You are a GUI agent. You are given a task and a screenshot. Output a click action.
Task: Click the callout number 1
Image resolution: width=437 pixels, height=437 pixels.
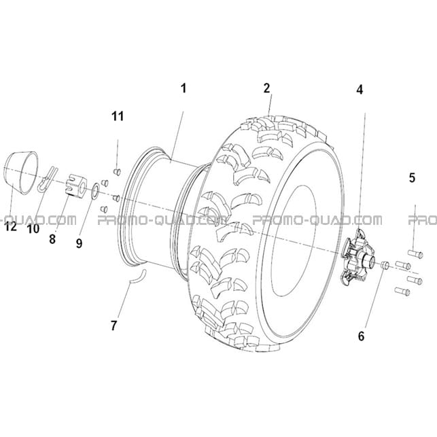183,88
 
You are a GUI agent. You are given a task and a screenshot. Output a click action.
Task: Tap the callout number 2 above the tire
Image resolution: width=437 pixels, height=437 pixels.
267,88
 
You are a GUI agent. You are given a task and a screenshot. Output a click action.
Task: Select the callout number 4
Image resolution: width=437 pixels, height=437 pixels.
360,90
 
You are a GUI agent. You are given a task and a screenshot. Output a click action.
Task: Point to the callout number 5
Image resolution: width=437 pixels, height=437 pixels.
413,177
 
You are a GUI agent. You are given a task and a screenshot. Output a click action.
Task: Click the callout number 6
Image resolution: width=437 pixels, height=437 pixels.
361,336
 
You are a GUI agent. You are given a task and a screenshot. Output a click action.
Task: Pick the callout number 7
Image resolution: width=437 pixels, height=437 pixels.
113,326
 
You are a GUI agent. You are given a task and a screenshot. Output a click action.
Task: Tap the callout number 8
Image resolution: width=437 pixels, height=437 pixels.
52,239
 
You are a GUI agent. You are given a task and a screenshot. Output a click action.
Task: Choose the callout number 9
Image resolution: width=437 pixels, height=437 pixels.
79,243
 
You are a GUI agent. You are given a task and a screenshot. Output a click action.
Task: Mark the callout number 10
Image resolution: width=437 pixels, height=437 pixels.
33,229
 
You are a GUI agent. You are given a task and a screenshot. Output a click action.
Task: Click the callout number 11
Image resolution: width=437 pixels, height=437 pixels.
118,116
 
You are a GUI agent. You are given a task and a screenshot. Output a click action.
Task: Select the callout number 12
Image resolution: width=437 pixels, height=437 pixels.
11,227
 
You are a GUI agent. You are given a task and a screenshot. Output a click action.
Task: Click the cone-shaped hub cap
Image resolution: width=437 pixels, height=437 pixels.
22,173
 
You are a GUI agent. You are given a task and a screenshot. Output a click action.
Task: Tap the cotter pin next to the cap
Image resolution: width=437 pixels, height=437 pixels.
48,179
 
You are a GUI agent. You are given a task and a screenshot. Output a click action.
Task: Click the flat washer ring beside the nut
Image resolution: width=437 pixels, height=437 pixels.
95,191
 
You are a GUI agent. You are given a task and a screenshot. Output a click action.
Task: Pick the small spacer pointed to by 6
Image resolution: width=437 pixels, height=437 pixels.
385,265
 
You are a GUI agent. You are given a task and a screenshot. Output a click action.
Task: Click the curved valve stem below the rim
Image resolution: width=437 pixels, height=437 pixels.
139,277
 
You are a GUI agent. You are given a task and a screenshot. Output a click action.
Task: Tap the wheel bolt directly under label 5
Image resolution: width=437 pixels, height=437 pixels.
415,254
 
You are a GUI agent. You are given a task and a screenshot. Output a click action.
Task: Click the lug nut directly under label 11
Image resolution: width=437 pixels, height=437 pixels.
117,172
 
